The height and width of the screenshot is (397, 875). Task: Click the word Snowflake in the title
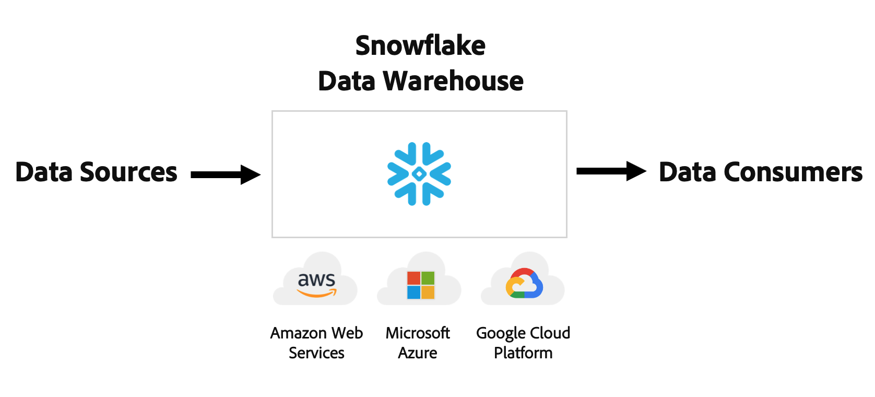pos(420,46)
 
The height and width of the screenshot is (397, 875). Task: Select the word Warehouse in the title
pos(453,81)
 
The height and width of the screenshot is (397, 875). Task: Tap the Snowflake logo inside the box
pos(419,174)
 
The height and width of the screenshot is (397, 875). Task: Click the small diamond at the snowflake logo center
pos(419,174)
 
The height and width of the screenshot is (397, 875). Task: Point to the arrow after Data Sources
pos(226,174)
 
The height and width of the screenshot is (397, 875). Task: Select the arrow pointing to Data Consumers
pos(611,171)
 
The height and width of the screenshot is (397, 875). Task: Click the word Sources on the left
pos(128,172)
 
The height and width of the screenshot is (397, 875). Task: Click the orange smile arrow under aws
pos(316,294)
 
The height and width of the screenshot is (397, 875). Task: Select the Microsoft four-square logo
pos(421,285)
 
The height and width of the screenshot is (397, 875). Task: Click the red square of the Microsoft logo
pos(414,278)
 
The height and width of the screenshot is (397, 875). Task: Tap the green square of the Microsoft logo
pos(428,278)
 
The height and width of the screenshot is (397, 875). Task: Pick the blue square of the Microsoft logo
pos(414,292)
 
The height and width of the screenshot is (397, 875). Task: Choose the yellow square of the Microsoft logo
pos(428,292)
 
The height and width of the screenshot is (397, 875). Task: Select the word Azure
pos(418,353)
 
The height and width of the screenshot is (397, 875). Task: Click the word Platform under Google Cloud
pos(523,353)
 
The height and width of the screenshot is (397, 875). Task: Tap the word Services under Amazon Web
pos(316,353)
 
